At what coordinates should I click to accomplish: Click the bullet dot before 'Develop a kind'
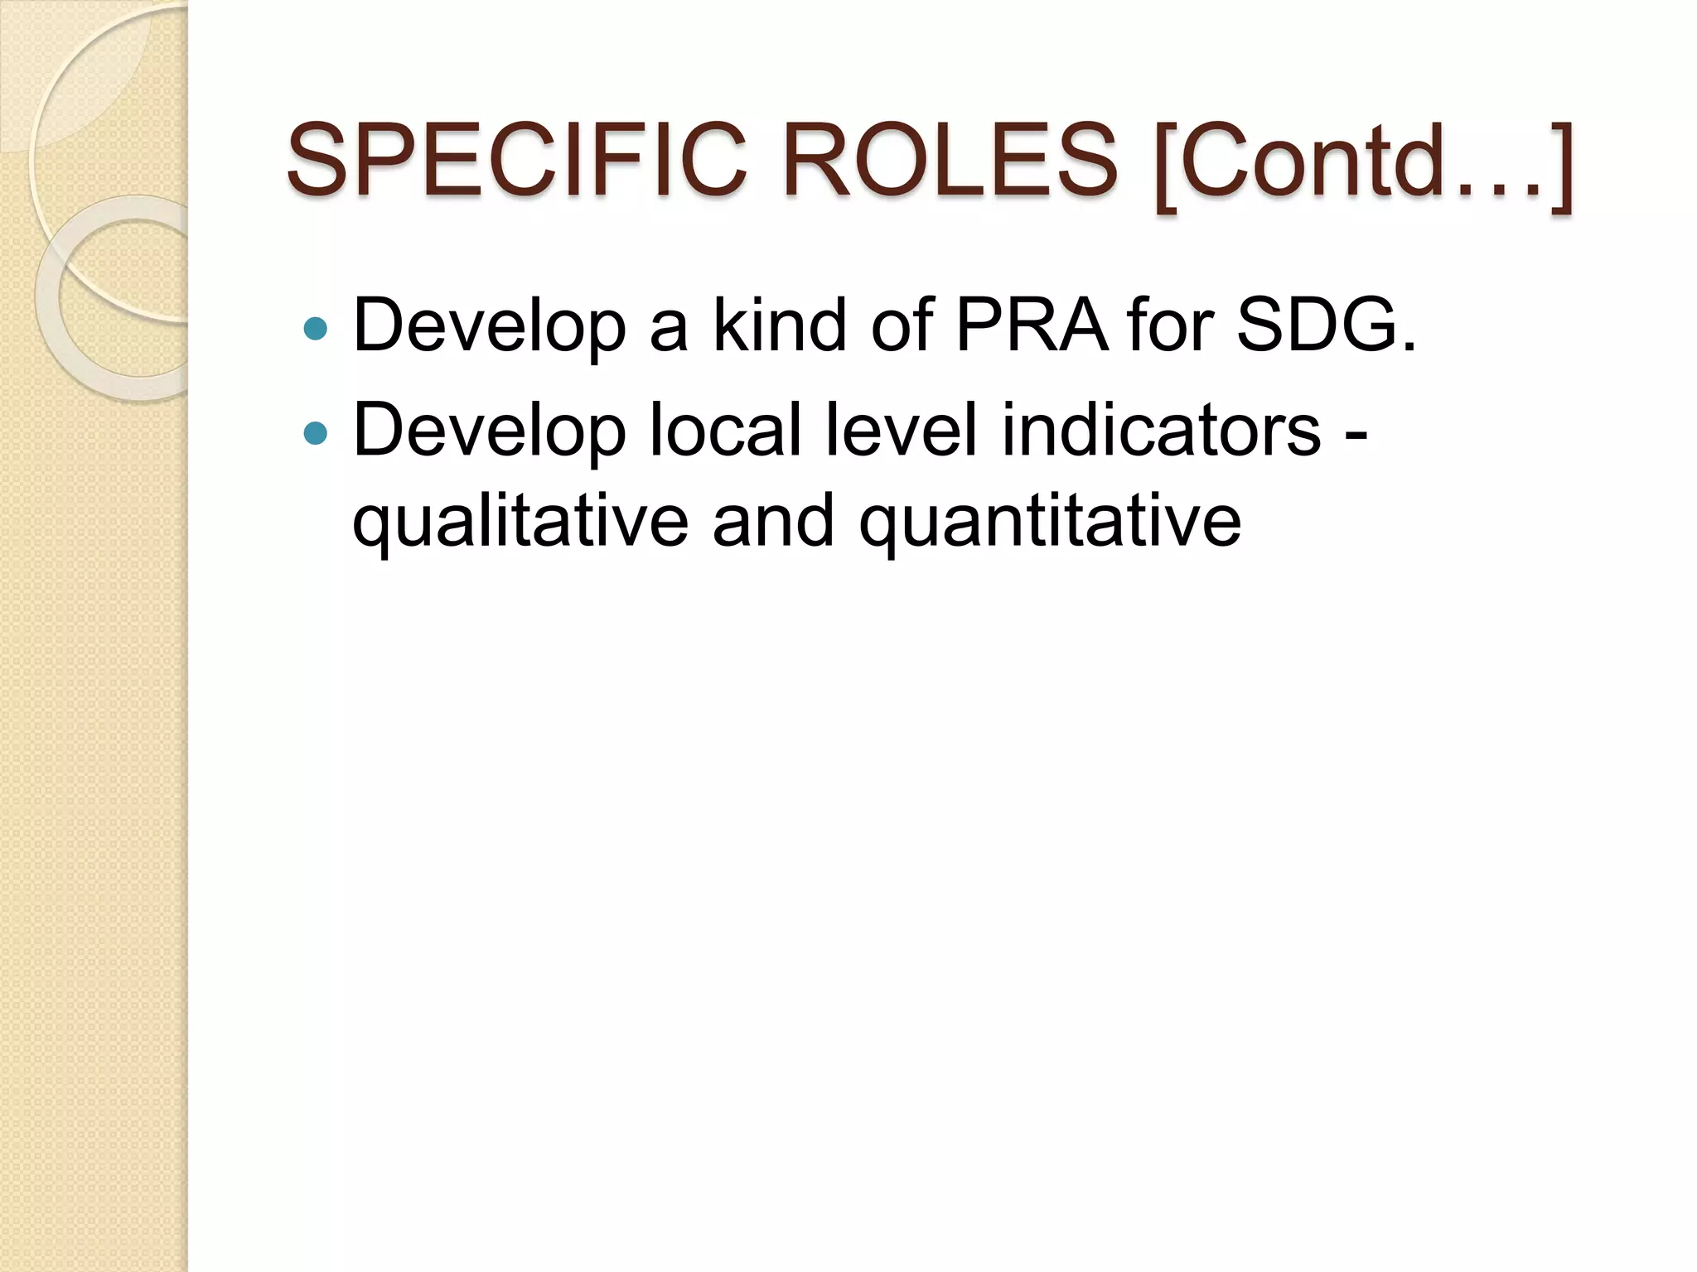coord(316,329)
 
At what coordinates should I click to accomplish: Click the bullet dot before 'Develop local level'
coord(316,432)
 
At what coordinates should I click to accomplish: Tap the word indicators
coord(1161,430)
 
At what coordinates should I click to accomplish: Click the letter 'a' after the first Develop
coord(669,330)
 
